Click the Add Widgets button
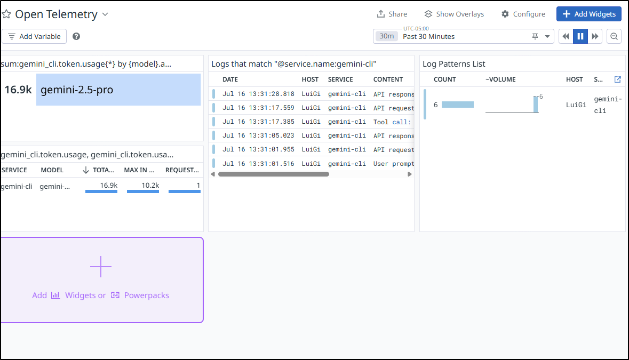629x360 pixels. pos(588,14)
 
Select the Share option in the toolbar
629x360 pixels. pos(392,14)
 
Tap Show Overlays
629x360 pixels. pos(454,14)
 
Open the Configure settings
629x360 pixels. pos(523,14)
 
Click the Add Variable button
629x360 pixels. pos(34,36)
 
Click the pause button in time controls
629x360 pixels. pos(580,36)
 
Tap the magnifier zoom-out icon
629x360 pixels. pos(614,36)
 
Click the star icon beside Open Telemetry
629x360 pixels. pos(6,14)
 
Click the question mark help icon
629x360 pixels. pos(76,36)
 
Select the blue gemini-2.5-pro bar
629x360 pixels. pos(118,90)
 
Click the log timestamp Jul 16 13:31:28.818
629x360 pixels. pos(258,94)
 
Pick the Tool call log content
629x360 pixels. pos(392,122)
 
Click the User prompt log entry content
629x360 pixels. pos(394,164)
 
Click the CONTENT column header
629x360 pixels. pos(388,79)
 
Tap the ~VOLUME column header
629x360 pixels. pos(500,79)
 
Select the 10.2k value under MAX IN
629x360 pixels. pos(150,185)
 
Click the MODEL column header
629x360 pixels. pos(52,170)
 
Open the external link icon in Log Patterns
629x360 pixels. pos(617,79)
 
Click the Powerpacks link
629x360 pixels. pos(146,295)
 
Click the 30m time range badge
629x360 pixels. pos(387,36)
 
